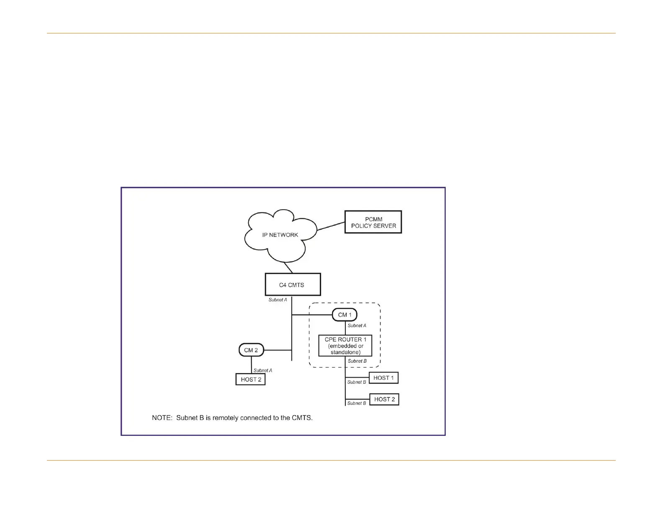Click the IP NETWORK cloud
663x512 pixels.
tap(280, 235)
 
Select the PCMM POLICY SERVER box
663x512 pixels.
tap(373, 222)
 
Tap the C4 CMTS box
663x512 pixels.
tap(293, 285)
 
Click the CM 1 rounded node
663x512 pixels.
tap(344, 315)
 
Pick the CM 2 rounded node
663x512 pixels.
tap(251, 350)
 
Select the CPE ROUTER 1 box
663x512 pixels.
tap(345, 346)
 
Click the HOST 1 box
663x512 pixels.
tap(383, 378)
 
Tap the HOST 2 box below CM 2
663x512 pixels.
tap(251, 379)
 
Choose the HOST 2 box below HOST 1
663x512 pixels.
tap(384, 399)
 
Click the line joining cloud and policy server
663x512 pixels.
tap(331, 226)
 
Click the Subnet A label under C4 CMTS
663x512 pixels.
tap(278, 300)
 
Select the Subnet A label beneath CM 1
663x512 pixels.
tap(357, 325)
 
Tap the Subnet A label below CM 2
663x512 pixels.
tap(263, 370)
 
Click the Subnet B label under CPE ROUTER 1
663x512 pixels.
tap(357, 361)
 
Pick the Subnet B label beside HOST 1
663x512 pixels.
tap(357, 382)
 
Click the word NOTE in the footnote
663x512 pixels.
tap(162, 418)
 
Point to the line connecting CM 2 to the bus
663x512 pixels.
tap(278, 350)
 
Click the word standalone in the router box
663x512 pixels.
tap(345, 352)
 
